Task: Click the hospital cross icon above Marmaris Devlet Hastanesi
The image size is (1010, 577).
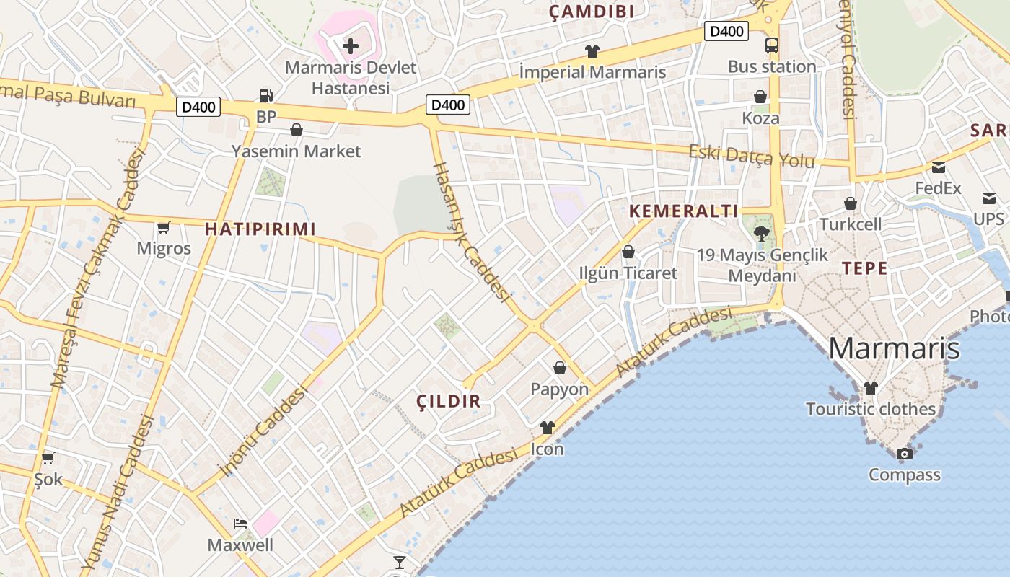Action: tap(351, 47)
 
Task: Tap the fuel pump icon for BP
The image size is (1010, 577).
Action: tap(266, 95)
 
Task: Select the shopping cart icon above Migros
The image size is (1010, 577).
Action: tap(164, 228)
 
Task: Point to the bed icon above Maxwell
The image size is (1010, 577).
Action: tap(240, 523)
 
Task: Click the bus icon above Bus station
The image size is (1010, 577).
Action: tap(772, 45)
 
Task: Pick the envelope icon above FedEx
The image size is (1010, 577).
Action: tap(939, 167)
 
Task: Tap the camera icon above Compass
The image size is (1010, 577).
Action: tap(904, 454)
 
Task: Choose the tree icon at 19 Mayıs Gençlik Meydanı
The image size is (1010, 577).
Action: tap(761, 233)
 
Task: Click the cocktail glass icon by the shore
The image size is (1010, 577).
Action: tap(400, 562)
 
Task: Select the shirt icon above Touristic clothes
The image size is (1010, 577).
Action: tap(871, 388)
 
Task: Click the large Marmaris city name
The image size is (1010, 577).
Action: tap(894, 348)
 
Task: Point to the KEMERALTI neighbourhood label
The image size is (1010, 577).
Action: tap(684, 211)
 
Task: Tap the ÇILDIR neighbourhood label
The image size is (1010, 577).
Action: tap(449, 402)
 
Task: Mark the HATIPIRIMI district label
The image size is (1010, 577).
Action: tap(260, 229)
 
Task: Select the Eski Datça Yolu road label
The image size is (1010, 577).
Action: tap(751, 156)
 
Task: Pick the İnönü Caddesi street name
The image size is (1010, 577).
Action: tap(263, 431)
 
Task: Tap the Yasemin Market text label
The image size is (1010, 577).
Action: tap(296, 151)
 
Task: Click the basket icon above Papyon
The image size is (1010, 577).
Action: tap(560, 368)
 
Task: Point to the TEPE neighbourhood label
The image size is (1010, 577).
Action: tap(864, 268)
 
